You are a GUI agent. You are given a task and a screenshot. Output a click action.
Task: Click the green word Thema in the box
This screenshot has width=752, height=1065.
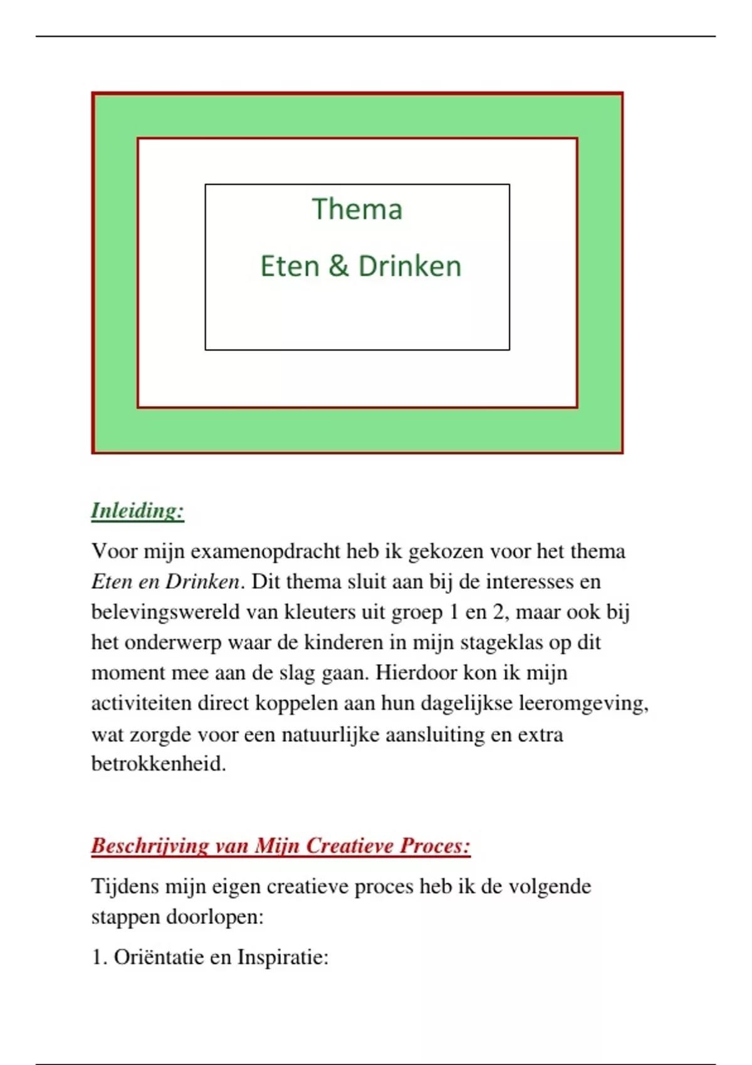coord(357,209)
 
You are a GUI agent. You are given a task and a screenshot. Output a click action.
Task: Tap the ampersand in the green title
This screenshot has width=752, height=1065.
coord(338,266)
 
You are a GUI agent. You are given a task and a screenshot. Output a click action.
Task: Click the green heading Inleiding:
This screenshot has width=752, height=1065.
coord(138,511)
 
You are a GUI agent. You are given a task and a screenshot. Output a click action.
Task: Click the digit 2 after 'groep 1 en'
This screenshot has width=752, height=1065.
coord(499,612)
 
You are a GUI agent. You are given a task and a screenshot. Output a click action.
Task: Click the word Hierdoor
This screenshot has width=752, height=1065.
coord(415,673)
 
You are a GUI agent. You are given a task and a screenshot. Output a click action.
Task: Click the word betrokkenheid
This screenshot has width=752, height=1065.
coord(159,764)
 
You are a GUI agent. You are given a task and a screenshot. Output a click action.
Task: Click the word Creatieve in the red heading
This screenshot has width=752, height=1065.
coord(350,846)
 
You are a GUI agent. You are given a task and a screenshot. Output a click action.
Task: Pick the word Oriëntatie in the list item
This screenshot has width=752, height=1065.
coord(155,957)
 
